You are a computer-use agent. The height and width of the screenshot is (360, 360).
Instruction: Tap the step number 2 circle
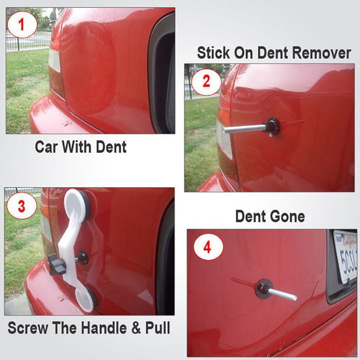click(206, 80)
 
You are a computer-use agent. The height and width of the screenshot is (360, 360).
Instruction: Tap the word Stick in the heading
click(217, 53)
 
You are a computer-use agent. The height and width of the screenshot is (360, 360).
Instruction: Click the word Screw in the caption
click(31, 328)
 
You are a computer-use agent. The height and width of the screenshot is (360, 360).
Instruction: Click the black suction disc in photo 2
click(272, 127)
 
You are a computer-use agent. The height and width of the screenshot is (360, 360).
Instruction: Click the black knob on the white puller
click(58, 264)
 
